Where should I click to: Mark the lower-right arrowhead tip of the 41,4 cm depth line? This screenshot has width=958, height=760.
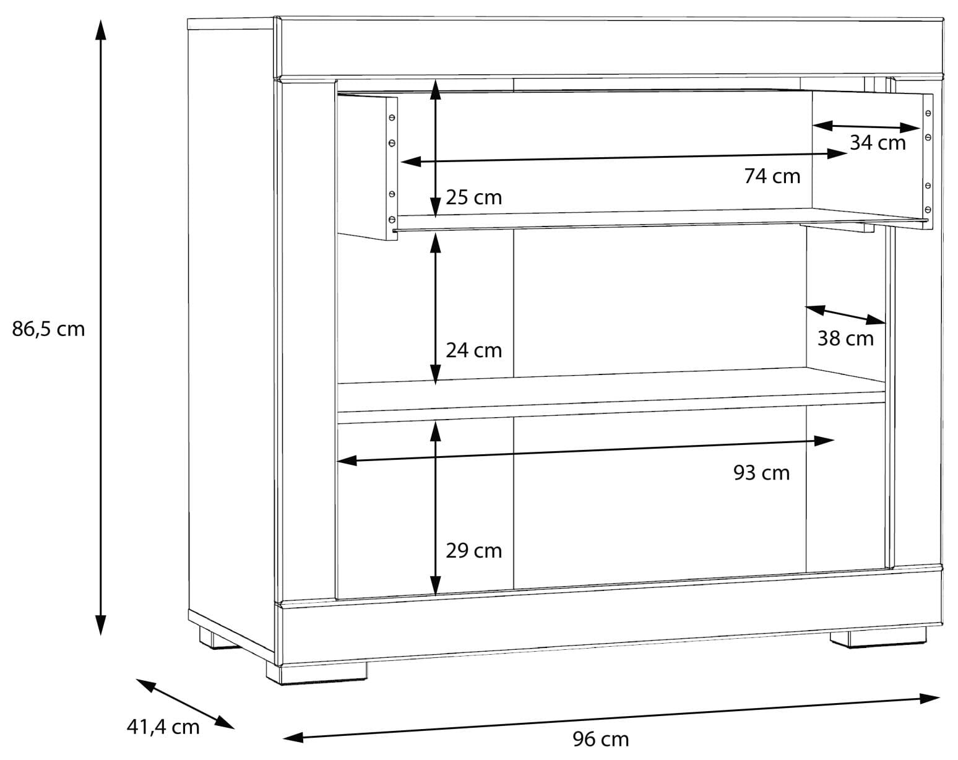[x=234, y=729]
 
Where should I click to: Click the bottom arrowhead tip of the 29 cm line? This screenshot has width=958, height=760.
[x=436, y=595]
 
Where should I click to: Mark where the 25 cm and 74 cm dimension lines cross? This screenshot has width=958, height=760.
[x=436, y=160]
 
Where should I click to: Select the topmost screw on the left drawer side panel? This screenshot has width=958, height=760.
[x=392, y=118]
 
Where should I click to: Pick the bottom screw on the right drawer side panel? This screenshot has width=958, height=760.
[x=928, y=209]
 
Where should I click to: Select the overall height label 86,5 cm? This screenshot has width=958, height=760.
[x=48, y=329]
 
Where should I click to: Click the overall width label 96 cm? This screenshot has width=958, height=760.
[x=600, y=740]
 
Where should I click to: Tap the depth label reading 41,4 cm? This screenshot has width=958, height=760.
[x=163, y=727]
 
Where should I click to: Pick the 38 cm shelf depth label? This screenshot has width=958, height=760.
[x=845, y=339]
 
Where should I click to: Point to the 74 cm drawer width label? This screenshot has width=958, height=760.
[x=772, y=176]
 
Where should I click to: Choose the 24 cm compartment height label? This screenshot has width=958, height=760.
[x=473, y=350]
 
